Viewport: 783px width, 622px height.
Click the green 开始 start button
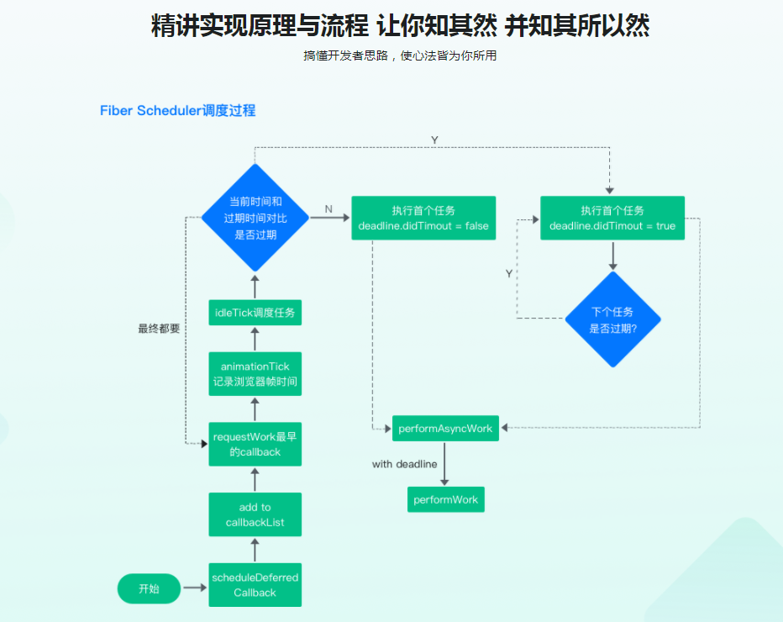[x=149, y=588]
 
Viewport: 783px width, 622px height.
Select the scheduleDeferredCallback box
[x=255, y=585]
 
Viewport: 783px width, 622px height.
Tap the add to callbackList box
[x=255, y=514]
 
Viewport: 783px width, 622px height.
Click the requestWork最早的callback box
[x=255, y=444]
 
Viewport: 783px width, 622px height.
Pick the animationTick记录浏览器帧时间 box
[x=255, y=374]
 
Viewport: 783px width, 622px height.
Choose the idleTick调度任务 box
[x=255, y=313]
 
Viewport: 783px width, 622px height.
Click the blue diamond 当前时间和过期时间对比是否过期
[x=255, y=218]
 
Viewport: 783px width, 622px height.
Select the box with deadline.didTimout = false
[x=423, y=218]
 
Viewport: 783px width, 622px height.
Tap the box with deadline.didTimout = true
[x=612, y=218]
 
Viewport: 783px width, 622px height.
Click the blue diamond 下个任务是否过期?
[x=612, y=319]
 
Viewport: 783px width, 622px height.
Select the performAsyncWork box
[x=445, y=429]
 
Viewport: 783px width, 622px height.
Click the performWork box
[x=445, y=499]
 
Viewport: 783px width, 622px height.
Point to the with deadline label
[x=404, y=464]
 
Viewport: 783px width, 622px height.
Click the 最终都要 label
[x=159, y=329]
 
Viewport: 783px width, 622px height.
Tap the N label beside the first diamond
[x=328, y=208]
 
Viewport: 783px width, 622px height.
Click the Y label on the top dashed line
[x=434, y=140]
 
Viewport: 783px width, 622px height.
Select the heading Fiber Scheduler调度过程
[x=177, y=110]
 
